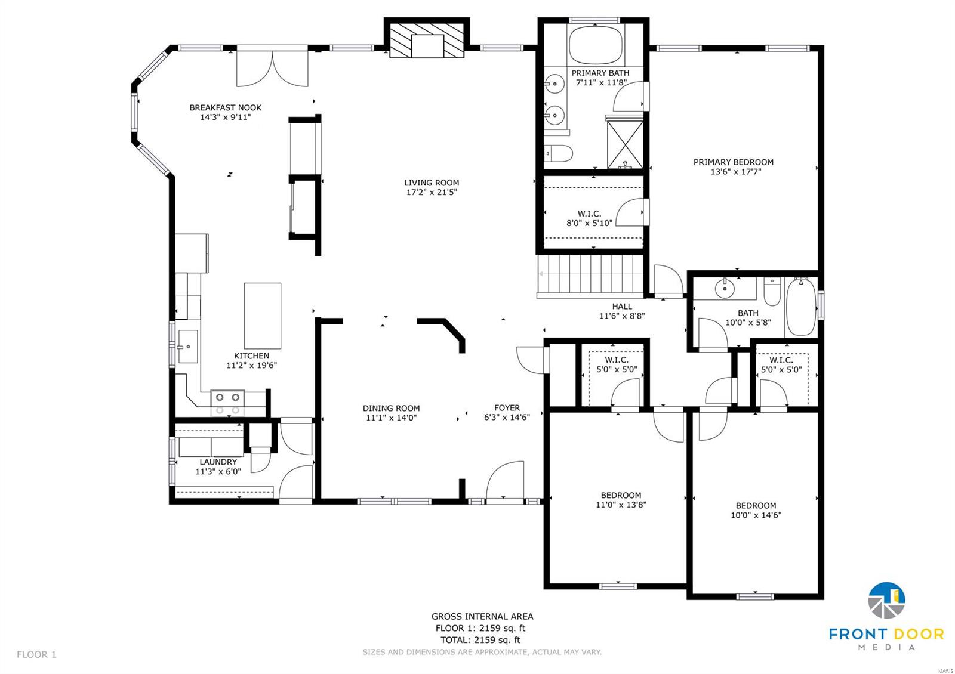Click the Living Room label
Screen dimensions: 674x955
[432, 183]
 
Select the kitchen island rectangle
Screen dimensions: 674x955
[263, 316]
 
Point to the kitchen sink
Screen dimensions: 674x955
[187, 347]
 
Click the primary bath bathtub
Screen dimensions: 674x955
[595, 45]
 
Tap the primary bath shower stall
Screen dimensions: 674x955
[625, 145]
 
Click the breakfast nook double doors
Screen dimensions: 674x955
[272, 69]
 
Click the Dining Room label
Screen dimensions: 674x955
[391, 409]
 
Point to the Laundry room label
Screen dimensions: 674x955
[218, 462]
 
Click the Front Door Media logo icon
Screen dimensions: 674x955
[886, 600]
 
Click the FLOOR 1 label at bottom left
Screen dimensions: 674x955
[36, 654]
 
